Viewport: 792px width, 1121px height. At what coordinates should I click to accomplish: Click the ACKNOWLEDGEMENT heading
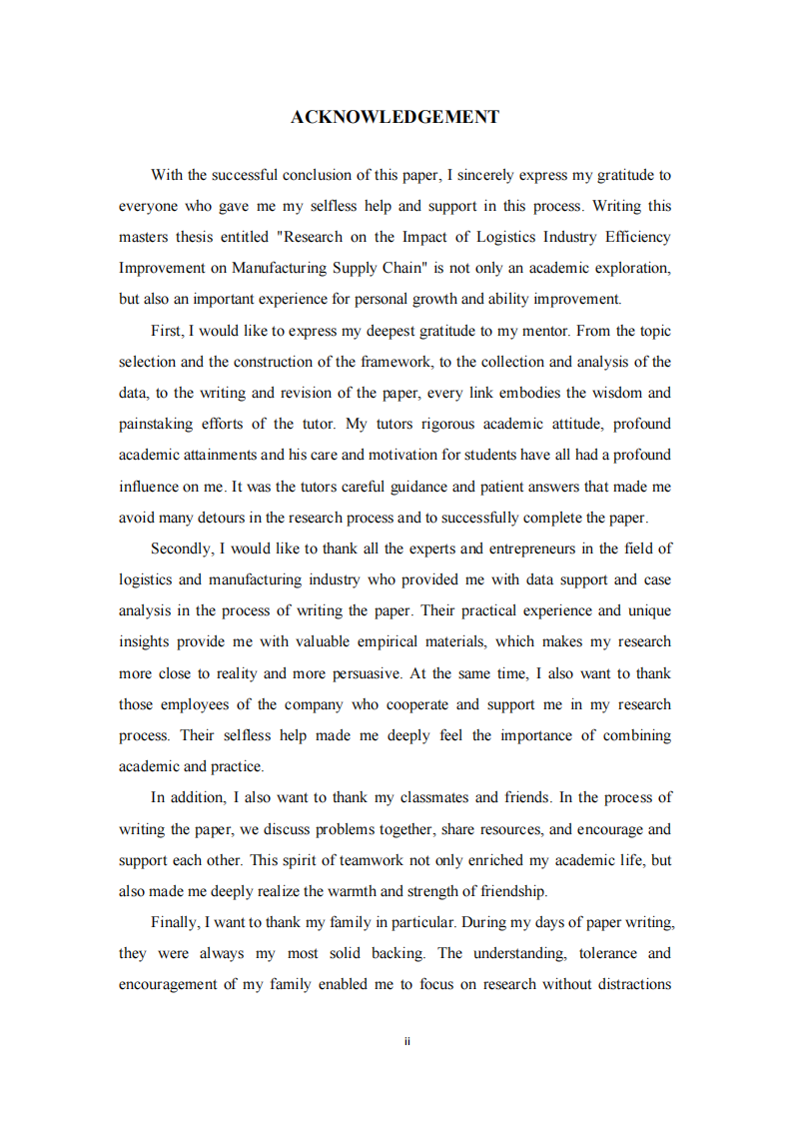(395, 117)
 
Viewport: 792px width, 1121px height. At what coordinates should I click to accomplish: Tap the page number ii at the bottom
(407, 1041)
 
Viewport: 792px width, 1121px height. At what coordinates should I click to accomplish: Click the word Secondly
(181, 549)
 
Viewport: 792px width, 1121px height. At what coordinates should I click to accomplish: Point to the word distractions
(628, 984)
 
